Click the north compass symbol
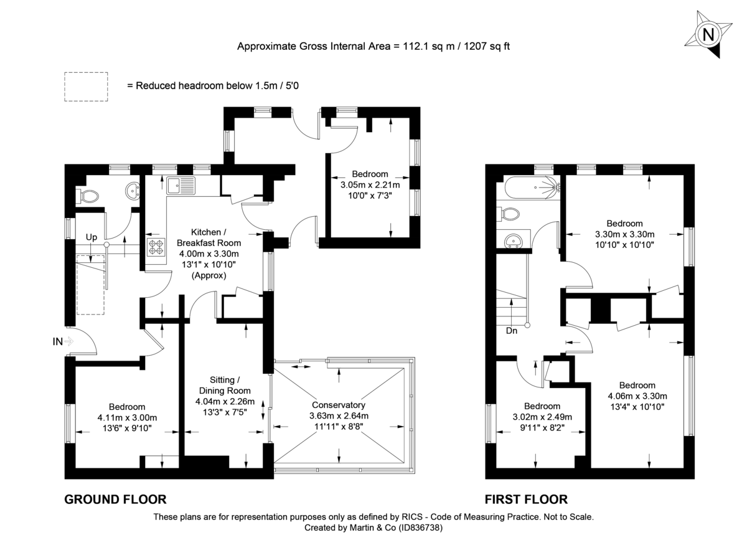(708, 35)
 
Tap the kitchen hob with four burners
(156, 247)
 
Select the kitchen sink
(181, 185)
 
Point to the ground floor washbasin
(132, 191)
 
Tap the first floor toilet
(510, 214)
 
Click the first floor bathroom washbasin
(514, 240)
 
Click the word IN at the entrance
(58, 341)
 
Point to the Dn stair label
(511, 331)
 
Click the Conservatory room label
(339, 404)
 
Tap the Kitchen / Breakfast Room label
(209, 237)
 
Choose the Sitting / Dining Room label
(223, 385)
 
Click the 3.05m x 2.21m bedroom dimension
(370, 185)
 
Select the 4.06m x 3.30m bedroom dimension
(637, 396)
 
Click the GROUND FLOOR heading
(116, 499)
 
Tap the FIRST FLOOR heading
(526, 499)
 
